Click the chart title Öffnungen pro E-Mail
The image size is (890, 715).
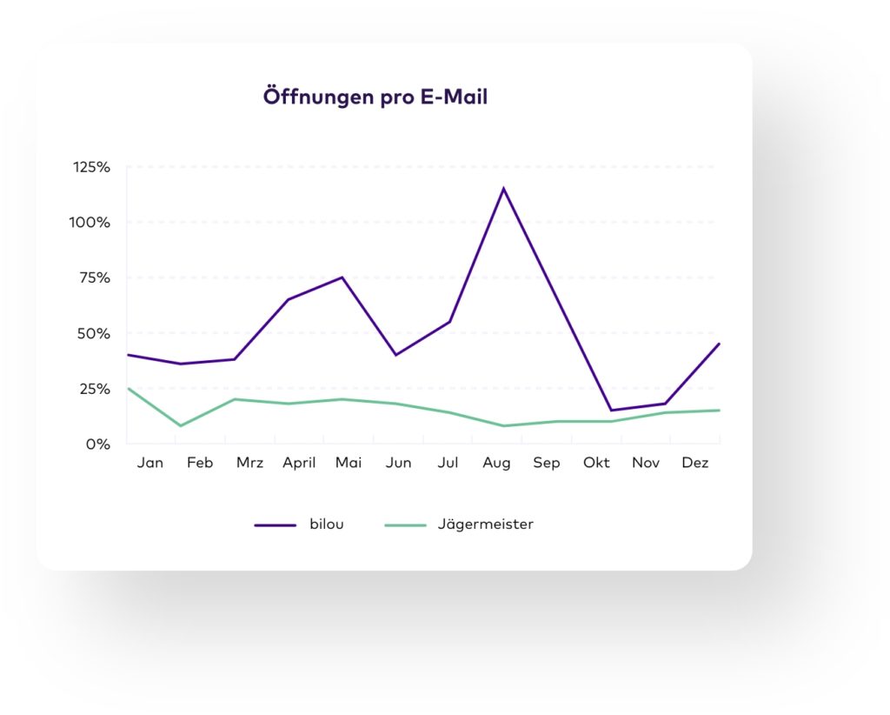375,97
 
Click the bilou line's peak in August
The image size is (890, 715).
503,189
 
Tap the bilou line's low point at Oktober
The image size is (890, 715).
611,411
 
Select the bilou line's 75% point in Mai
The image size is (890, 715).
342,277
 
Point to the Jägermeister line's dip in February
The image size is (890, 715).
180,425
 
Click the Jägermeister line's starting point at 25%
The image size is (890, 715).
128,389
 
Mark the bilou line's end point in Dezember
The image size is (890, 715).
719,344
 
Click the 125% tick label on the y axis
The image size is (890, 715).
92,167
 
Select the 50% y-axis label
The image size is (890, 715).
94,333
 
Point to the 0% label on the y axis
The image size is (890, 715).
98,444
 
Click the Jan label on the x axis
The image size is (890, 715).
149,463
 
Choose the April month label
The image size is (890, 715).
299,463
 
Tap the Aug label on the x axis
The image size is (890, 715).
497,463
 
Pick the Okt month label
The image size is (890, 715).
596,463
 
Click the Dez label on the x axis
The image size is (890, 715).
695,463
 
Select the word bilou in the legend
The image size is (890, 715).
327,525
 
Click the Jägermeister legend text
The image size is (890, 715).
486,525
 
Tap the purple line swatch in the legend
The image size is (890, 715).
276,525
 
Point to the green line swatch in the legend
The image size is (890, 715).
405,525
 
